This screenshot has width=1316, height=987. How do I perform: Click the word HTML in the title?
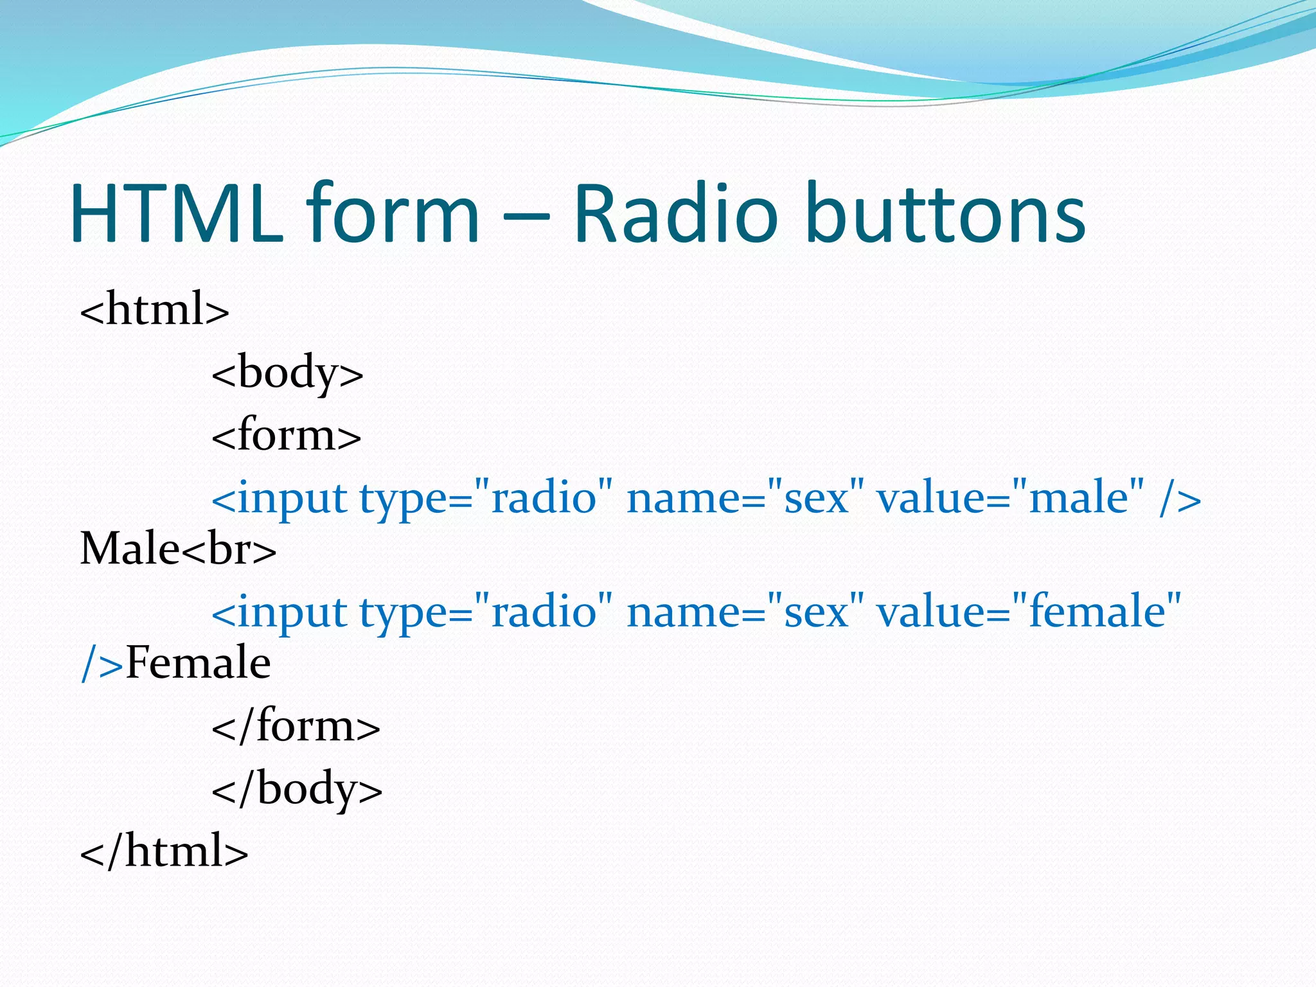coord(177,213)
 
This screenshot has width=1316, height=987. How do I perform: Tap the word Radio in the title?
coord(675,213)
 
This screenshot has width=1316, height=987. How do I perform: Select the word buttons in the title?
coord(945,213)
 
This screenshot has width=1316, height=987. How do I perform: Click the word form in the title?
coord(392,213)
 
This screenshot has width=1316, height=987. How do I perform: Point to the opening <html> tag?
coord(154,310)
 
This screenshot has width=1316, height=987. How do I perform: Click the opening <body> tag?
coord(287,373)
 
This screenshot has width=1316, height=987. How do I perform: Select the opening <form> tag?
coord(287,436)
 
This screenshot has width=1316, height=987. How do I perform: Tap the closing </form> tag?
coord(296,726)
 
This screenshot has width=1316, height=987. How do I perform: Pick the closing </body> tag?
coord(297,789)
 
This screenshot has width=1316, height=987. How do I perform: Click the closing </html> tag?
coord(164,851)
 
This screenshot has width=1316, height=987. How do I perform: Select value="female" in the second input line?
coord(1029,612)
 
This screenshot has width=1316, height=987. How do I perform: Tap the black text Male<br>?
coord(178,549)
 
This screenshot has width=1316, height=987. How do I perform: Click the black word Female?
coord(198,663)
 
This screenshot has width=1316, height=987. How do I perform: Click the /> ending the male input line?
coord(1180,498)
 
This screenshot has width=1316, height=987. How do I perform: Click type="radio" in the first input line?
coord(485,498)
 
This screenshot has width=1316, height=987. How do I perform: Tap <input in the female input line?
coord(280,612)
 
